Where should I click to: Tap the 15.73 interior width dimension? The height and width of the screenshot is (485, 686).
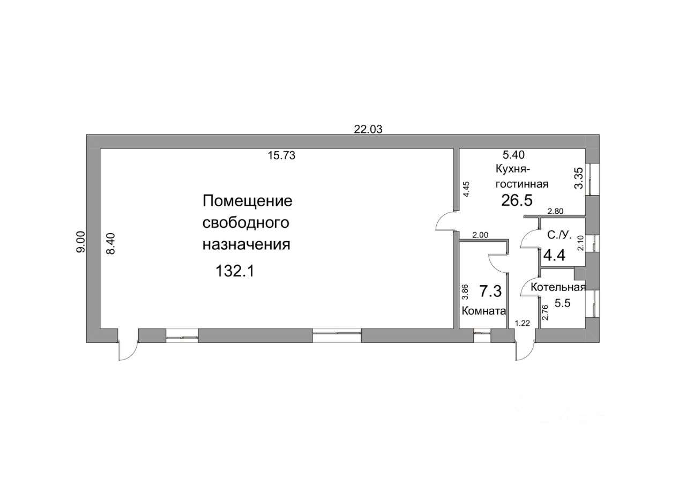pos(281,156)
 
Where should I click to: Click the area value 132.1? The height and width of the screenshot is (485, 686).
pos(234,271)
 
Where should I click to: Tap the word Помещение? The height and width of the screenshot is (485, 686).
pos(248,202)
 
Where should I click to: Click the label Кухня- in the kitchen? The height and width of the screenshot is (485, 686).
pos(513,170)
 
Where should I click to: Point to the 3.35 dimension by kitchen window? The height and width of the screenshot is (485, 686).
pos(578,178)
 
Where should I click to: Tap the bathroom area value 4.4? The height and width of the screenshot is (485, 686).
pos(554,255)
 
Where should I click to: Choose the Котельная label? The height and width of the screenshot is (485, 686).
pos(557,287)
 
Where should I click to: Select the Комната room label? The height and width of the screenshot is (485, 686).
pos(484,311)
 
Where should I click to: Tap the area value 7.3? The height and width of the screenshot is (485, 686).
pos(490,292)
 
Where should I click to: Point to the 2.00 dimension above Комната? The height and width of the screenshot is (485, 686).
pos(480,235)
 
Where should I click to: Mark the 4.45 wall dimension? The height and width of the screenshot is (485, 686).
pos(466,190)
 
